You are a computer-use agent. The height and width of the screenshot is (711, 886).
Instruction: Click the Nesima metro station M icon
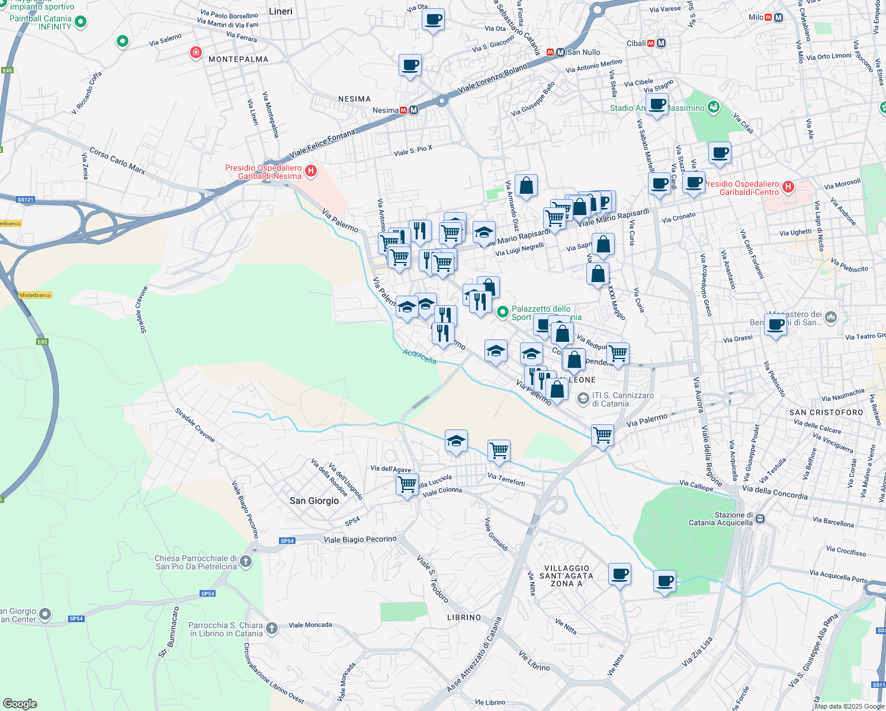click(413, 110)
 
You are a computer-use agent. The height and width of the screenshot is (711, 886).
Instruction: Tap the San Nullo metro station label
click(583, 52)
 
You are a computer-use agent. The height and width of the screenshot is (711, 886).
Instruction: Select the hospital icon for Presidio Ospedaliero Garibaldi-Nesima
click(310, 172)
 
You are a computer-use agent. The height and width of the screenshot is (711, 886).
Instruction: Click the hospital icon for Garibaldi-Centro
click(788, 187)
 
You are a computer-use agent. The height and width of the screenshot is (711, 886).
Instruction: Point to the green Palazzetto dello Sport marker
click(503, 312)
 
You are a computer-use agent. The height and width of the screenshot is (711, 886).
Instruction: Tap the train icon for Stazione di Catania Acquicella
click(760, 519)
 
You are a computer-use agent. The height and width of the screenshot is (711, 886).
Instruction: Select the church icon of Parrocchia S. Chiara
click(272, 629)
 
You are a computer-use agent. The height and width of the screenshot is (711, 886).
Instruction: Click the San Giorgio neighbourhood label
click(314, 501)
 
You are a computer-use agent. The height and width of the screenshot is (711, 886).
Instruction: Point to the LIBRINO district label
click(464, 617)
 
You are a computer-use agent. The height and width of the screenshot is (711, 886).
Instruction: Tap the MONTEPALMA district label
click(238, 59)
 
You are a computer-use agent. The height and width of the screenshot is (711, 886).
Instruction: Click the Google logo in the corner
click(20, 703)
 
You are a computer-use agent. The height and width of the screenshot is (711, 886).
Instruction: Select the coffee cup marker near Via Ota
click(433, 20)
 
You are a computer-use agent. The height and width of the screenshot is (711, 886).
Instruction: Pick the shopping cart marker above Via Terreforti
click(499, 450)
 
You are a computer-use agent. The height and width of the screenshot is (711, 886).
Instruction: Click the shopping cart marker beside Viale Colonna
click(407, 484)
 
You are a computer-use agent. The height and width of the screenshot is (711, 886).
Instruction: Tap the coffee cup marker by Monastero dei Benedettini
click(775, 324)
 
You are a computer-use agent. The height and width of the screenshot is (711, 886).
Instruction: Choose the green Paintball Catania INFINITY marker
click(81, 22)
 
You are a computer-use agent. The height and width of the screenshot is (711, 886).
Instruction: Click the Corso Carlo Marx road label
click(117, 161)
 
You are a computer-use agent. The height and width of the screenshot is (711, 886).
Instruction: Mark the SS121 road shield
click(25, 200)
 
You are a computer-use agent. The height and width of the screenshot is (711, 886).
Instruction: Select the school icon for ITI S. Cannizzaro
click(583, 399)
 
